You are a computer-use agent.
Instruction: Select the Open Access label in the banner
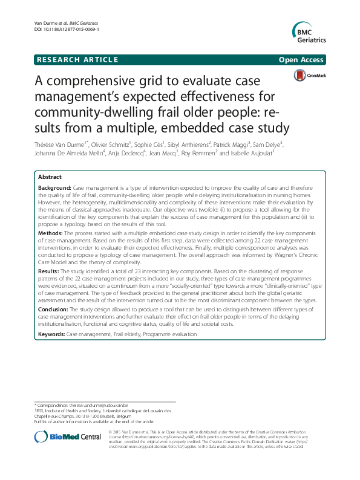(301, 60)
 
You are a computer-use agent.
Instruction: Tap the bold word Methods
(50, 232)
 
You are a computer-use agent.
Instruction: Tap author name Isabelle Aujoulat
(254, 154)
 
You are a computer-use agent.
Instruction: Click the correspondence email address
(105, 404)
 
